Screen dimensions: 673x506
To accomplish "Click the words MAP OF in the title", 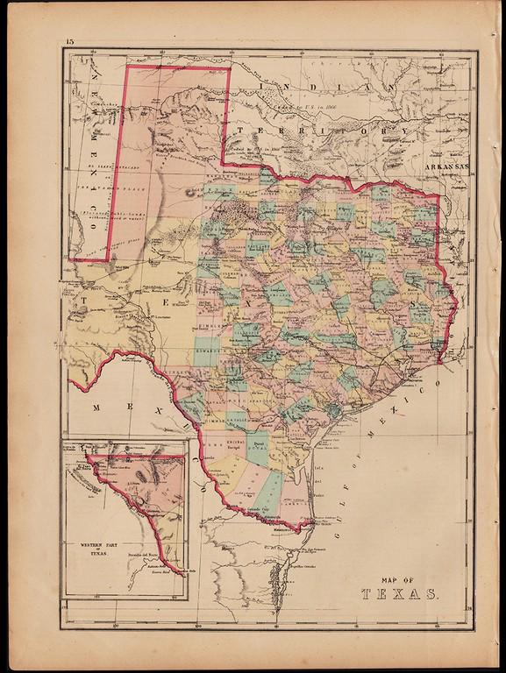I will tap(399, 577).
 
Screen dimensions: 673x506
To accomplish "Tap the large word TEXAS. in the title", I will tap(399, 594).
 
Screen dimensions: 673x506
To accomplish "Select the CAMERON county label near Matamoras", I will tap(290, 517).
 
